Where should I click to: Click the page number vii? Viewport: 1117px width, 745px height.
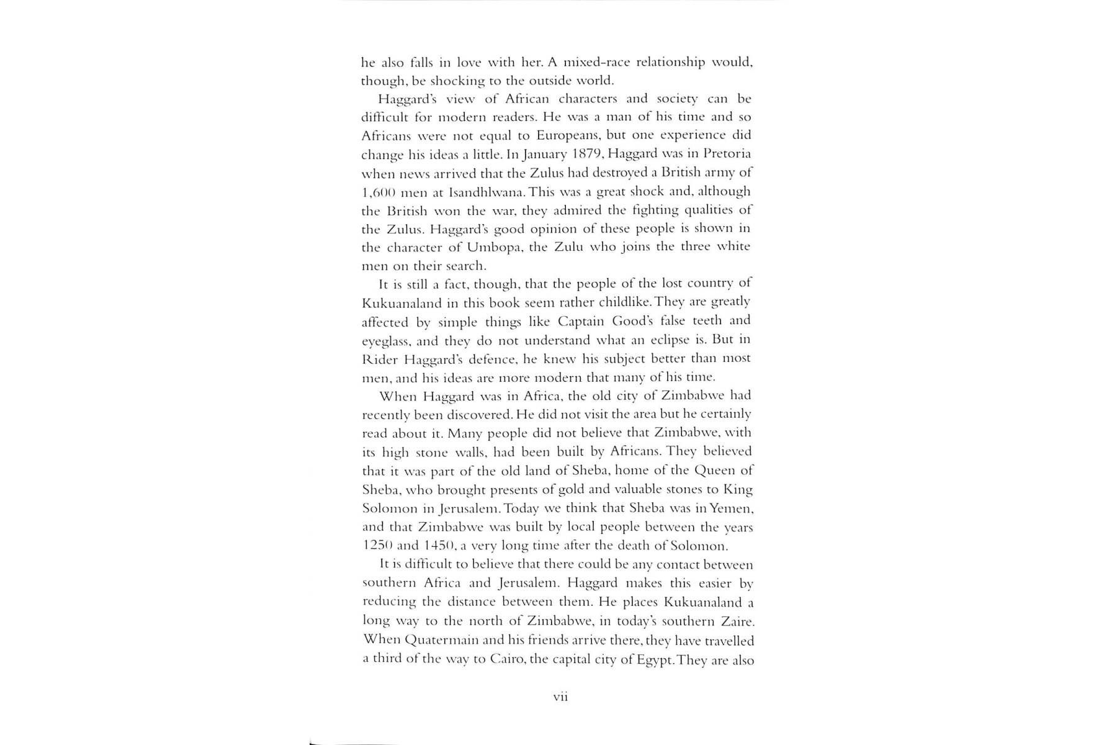(560, 697)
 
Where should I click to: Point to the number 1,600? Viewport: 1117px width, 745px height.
(379, 192)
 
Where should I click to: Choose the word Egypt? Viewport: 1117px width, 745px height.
(655, 659)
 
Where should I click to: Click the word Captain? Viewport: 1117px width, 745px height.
(581, 321)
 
